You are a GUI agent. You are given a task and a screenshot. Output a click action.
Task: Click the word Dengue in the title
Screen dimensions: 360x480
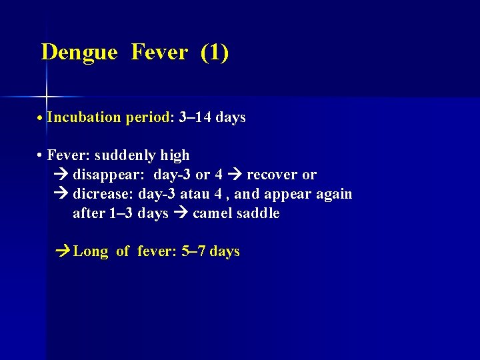coord(79,53)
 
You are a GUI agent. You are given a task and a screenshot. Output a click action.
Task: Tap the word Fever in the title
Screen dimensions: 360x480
coord(159,52)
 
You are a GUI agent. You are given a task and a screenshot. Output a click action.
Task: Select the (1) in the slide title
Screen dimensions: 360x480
coord(214,52)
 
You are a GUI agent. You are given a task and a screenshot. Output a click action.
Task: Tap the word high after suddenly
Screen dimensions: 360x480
coord(175,156)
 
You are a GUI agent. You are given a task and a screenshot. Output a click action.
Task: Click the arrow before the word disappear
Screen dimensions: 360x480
coord(59,175)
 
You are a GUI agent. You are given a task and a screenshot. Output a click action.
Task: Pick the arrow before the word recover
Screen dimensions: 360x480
coord(235,175)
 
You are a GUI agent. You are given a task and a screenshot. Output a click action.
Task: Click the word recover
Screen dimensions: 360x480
coord(272,175)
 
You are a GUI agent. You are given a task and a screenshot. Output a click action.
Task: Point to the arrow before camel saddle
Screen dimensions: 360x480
coord(180,214)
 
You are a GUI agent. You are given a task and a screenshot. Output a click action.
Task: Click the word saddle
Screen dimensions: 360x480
coord(258,214)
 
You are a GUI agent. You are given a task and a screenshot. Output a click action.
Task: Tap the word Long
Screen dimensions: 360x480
coord(91,252)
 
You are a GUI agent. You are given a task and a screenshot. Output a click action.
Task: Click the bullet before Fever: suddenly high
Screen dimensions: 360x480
coord(41,156)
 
